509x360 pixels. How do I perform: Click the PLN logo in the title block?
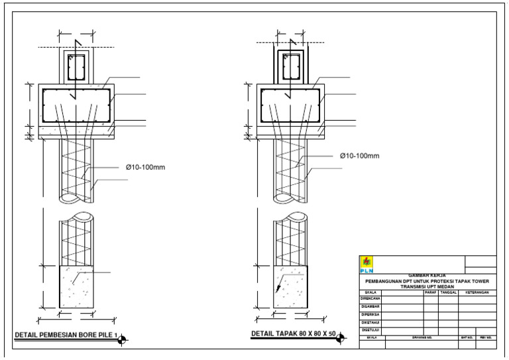366,265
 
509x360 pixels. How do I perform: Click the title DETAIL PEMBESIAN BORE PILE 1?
66,335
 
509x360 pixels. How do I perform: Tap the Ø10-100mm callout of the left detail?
145,167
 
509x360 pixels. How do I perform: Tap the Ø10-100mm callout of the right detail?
359,156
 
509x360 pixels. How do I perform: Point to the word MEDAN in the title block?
435,287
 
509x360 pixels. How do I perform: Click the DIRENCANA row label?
370,299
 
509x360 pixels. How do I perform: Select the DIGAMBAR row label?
370,307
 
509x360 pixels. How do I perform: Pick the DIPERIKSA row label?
370,315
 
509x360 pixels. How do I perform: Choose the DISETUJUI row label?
370,330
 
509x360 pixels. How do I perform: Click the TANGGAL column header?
449,292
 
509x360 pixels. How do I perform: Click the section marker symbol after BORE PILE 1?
122,341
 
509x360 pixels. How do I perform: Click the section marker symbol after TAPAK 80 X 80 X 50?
341,339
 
